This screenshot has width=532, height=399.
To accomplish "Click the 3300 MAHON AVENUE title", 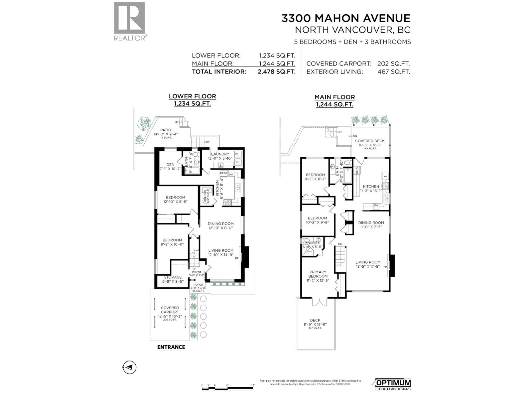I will point(346,18).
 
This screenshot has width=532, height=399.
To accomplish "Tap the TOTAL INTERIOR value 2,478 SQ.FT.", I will point(276,71).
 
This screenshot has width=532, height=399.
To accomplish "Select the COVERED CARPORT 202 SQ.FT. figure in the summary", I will point(393,64).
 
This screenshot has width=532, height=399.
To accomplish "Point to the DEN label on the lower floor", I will point(170,165).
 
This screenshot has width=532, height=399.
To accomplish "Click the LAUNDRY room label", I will point(220,154).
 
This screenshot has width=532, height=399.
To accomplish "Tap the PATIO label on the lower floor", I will point(166,130).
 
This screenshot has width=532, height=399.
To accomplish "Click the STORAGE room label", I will point(173,277).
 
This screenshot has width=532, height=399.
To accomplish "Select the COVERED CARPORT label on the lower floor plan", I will point(170,310).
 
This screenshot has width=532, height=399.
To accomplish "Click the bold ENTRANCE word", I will point(171,347).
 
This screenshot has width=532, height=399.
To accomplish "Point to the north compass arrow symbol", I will point(130,367).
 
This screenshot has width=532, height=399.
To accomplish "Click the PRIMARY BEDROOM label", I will point(318,274).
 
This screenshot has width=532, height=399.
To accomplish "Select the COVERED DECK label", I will point(370,141).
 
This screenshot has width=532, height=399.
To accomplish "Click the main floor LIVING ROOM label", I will point(367,262).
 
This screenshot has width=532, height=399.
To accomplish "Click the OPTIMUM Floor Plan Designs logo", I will point(393,384).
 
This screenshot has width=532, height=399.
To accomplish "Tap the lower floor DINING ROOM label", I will point(221,224).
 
